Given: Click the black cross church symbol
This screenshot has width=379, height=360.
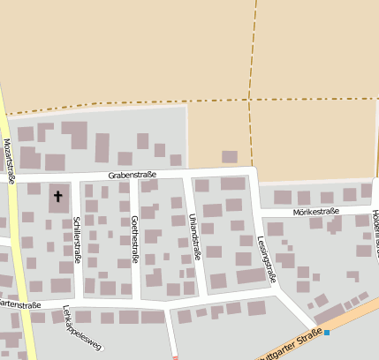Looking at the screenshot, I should pyautogui.click(x=59, y=196).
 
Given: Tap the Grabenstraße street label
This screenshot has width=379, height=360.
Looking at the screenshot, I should pyautogui.click(x=133, y=175).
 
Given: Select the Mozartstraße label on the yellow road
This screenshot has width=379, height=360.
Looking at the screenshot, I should pyautogui.click(x=10, y=161).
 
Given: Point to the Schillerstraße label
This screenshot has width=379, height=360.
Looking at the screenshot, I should pyautogui.click(x=77, y=239).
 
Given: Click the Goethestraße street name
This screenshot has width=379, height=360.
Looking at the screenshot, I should pyautogui.click(x=134, y=238).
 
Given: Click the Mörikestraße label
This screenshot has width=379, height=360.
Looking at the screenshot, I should pyautogui.click(x=313, y=213).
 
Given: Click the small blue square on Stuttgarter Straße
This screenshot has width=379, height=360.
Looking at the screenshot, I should pyautogui.click(x=327, y=332).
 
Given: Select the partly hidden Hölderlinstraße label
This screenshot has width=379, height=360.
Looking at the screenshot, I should pyautogui.click(x=375, y=221).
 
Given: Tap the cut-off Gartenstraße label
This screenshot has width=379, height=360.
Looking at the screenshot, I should pyautogui.click(x=21, y=304).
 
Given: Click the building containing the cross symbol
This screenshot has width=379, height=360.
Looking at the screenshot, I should pyautogui.click(x=59, y=201).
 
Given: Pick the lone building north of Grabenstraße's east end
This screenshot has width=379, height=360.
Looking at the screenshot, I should pyautogui.click(x=230, y=156).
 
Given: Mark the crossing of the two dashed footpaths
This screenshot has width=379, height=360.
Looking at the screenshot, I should pyautogui.click(x=252, y=99).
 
